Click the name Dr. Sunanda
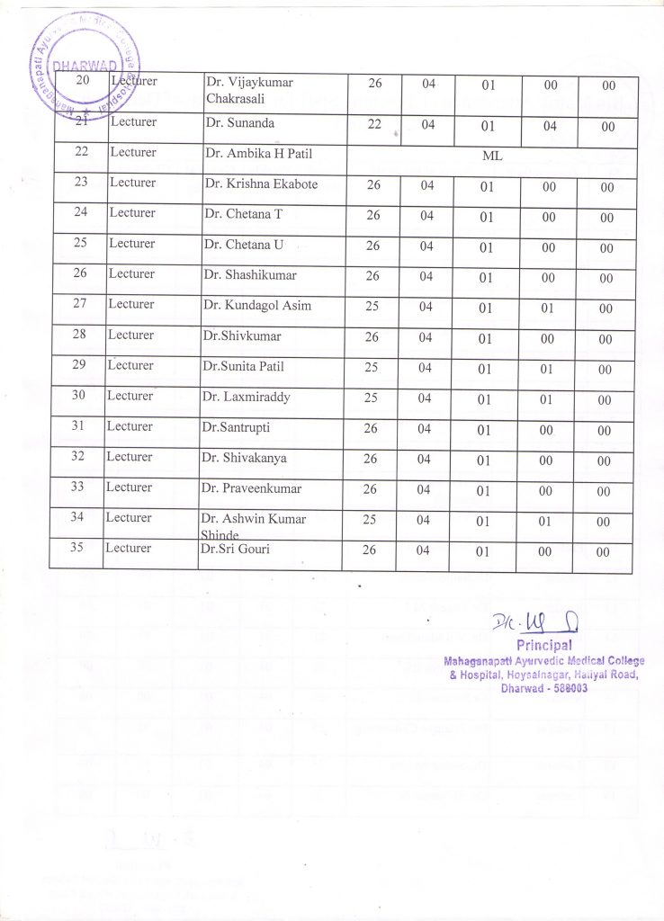(239, 123)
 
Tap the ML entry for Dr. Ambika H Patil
(491, 156)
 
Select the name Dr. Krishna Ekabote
(261, 184)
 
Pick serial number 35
(76, 548)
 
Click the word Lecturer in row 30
(130, 396)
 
